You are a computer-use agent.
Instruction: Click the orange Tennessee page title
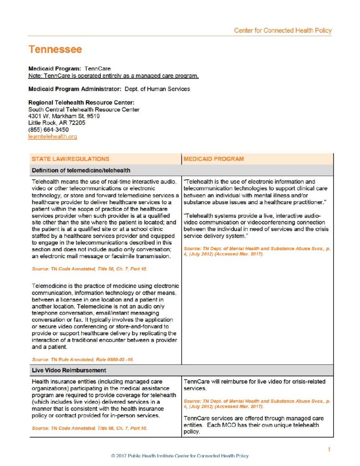pos(55,49)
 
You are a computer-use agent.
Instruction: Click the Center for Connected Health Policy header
pos(283,30)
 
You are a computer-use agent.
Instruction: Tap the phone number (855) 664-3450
pos(46,129)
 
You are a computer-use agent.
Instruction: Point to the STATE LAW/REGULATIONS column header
pos(71,159)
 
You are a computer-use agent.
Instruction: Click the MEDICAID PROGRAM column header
pos(214,159)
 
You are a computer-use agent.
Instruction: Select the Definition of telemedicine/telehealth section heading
pos(81,170)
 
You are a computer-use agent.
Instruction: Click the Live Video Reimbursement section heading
pos(69,370)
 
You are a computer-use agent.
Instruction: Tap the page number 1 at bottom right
pos(329,450)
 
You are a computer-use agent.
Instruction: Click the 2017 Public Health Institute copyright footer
pos(180,456)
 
